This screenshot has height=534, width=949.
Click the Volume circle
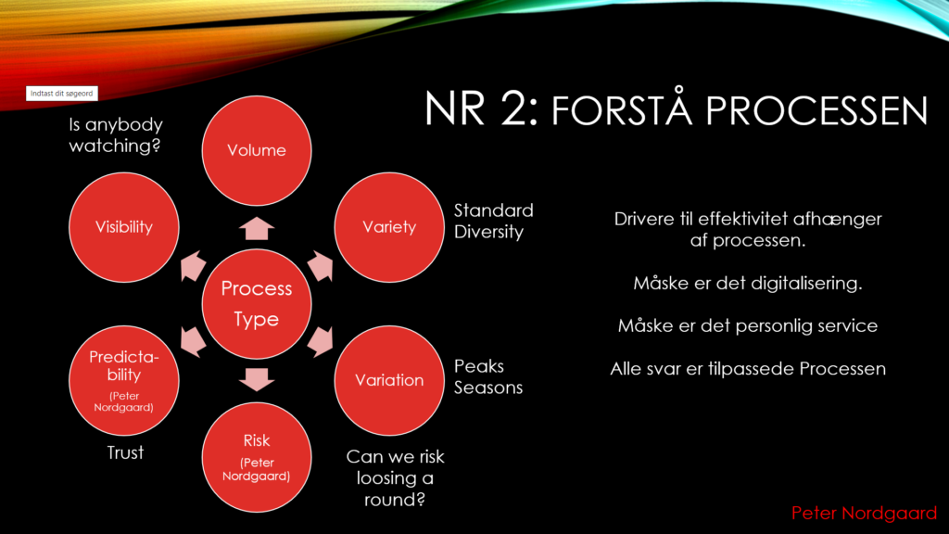click(x=257, y=150)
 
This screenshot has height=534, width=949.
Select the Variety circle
click(x=389, y=227)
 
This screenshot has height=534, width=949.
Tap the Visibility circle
click(x=124, y=227)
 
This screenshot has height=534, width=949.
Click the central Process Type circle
click(x=257, y=304)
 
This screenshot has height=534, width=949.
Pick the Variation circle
click(x=389, y=380)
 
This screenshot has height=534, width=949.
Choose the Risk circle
click(x=257, y=457)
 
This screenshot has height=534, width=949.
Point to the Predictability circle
click(x=124, y=380)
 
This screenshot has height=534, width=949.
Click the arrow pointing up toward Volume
click(x=257, y=229)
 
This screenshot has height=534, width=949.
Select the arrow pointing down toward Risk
click(x=257, y=379)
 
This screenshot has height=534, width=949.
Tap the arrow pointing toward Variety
click(x=321, y=266)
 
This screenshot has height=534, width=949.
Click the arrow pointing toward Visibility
click(x=193, y=266)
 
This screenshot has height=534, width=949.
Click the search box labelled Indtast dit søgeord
click(x=62, y=94)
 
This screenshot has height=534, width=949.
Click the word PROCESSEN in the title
click(x=816, y=110)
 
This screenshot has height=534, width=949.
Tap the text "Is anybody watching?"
click(x=116, y=135)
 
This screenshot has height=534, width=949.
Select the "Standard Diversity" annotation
click(x=493, y=221)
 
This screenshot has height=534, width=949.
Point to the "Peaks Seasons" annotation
click(x=487, y=376)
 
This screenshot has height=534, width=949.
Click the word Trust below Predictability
click(x=125, y=452)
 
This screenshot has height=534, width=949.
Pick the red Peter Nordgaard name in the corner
click(x=865, y=513)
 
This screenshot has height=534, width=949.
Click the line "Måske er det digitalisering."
click(x=748, y=284)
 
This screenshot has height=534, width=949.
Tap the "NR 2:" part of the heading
click(x=481, y=109)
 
